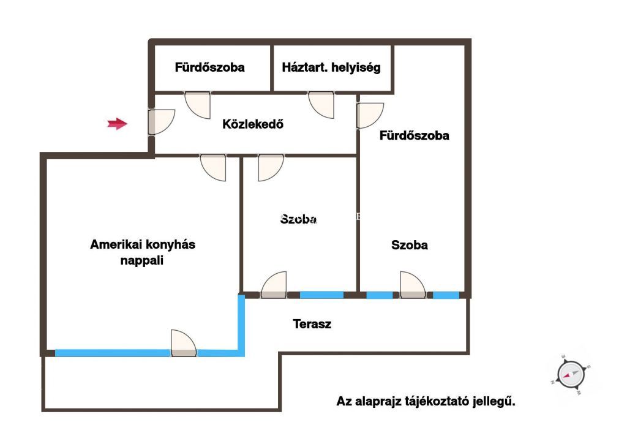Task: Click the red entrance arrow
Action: pos(117,124)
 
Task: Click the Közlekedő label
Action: pos(253,124)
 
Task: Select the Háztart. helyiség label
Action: pos(331,67)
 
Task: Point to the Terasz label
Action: pos(312,324)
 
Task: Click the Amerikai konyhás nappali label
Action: pos(143,252)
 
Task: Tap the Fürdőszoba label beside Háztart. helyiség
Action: pos(210,67)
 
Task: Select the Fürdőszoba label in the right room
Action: pos(415,135)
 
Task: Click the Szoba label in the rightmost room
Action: pos(410,246)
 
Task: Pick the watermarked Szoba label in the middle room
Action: pos(299,219)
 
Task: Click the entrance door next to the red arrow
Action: pos(161,123)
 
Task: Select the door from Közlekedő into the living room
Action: pos(214,167)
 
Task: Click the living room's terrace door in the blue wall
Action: pos(183,344)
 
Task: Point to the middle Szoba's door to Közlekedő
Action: pos(271,167)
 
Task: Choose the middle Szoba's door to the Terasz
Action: pos(274,285)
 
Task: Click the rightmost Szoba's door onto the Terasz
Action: pos(413,285)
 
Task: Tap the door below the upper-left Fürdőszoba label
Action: pos(198,104)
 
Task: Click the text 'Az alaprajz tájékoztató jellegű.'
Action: pos(426,402)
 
